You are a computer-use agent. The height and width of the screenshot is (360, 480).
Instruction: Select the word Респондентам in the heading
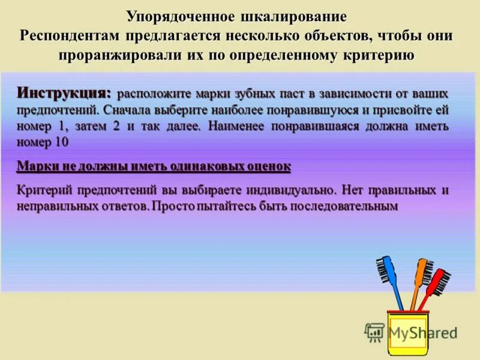(x=70, y=35)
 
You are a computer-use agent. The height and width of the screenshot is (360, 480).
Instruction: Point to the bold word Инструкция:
(x=64, y=93)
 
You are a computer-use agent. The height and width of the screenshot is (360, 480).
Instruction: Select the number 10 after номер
(x=61, y=142)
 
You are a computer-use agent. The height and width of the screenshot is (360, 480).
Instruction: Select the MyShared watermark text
(x=421, y=332)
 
